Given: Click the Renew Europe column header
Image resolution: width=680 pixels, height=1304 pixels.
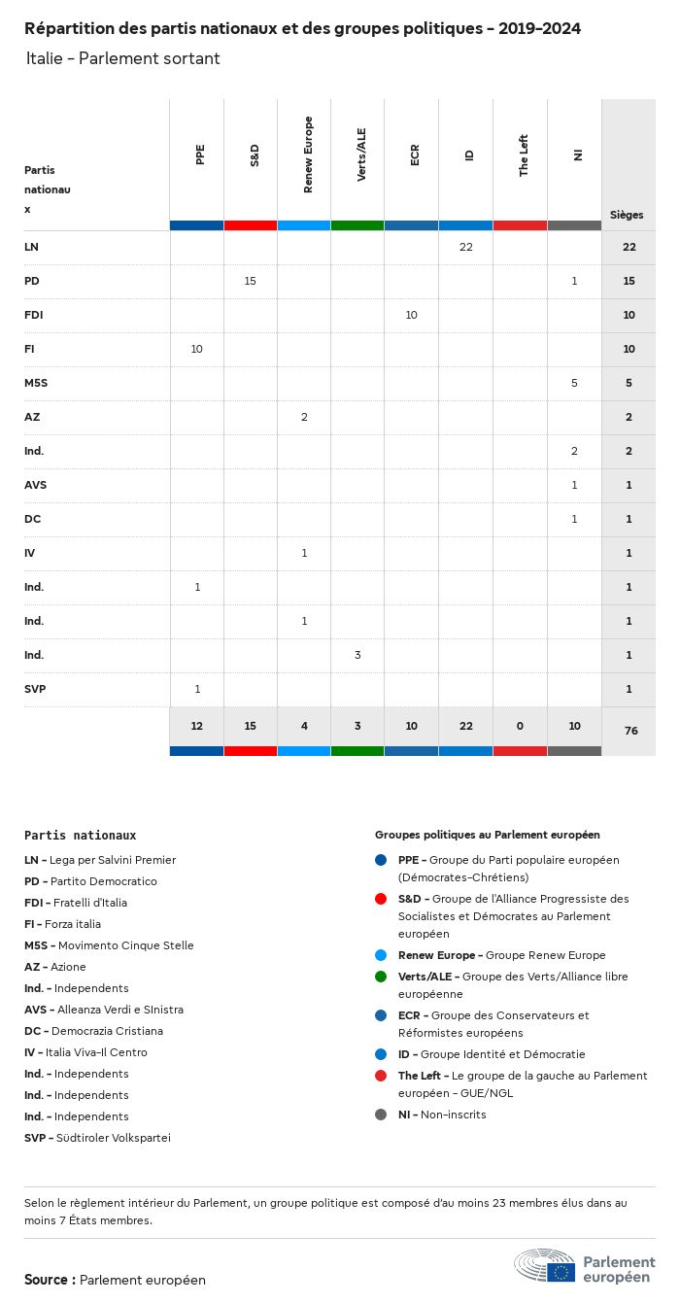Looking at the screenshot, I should point(308,154).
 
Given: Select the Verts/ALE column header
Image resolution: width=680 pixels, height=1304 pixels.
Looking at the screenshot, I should point(361,154).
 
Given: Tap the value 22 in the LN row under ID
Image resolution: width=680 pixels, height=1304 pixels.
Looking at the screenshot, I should point(465,247).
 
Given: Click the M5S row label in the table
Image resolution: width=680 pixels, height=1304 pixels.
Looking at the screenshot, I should point(36,383).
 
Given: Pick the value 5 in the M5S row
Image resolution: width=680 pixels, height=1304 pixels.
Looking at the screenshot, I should point(574,383).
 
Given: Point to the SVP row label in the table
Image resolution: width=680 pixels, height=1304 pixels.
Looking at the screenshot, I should point(35,689).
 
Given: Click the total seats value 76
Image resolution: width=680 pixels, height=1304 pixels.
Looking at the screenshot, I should point(630,730).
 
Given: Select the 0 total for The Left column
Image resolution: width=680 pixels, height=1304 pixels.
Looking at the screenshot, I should point(520,727).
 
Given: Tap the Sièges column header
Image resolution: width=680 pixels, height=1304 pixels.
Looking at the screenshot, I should point(627,215).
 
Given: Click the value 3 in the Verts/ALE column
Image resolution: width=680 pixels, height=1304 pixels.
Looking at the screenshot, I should point(357,655).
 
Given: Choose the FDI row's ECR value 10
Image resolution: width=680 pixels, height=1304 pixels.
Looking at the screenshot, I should point(412,315).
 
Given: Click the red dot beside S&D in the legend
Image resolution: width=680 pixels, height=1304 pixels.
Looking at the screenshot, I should point(381,899).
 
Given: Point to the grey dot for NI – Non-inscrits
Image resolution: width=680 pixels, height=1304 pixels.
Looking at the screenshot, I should point(381,1115).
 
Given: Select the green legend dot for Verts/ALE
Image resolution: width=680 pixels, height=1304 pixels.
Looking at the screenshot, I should point(381,977).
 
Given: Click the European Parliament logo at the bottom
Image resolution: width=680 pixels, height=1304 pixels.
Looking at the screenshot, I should point(584,1266).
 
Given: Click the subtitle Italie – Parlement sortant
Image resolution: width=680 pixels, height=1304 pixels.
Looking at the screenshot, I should point(123,58).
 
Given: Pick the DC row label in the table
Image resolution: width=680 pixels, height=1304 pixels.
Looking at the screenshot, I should point(32,519).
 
